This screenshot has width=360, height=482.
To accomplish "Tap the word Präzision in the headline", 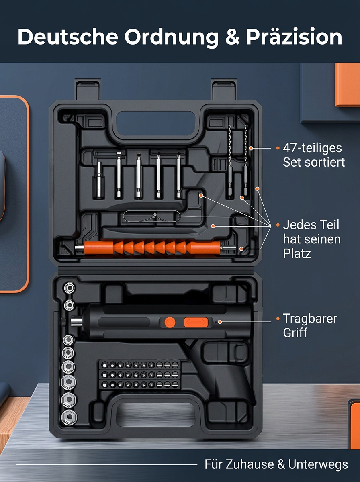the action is (x=294, y=37).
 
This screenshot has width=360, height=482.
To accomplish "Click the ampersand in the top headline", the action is (x=232, y=37).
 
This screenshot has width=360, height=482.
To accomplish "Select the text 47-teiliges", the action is (x=312, y=148).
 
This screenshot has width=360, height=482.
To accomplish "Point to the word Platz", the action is (x=297, y=253).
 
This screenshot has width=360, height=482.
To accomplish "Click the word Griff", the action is (x=295, y=333).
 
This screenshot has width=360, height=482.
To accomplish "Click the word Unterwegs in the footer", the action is (x=318, y=464).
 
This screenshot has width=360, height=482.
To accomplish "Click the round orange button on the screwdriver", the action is (x=170, y=323).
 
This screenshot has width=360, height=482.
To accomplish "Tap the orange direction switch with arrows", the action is (x=196, y=323).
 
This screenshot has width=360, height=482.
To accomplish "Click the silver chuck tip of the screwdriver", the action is (x=76, y=321).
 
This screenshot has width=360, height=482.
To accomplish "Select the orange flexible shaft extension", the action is (x=152, y=248).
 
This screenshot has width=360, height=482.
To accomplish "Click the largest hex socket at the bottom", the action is (x=69, y=417).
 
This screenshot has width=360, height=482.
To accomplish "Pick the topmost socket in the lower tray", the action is (x=70, y=288).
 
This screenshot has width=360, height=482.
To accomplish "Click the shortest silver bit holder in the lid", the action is (x=99, y=180).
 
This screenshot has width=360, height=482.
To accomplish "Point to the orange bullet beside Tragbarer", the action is (x=278, y=319).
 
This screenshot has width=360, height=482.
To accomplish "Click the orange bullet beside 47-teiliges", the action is (x=278, y=148).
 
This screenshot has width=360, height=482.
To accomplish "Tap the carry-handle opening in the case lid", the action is (x=156, y=123).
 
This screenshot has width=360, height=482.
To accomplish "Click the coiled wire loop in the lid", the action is (x=151, y=216).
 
